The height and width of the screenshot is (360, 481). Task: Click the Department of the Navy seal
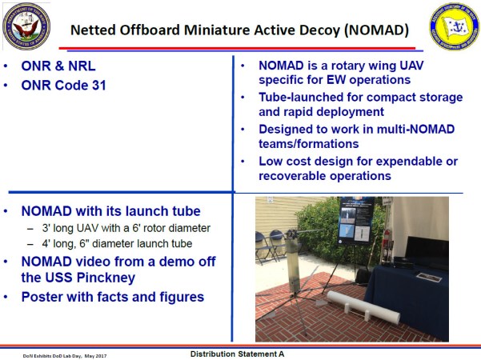pyautogui.click(x=25, y=26)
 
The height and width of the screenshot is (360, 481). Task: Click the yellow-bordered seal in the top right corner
pyautogui.click(x=452, y=26)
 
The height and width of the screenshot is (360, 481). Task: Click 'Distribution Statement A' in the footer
pyautogui.click(x=242, y=353)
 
